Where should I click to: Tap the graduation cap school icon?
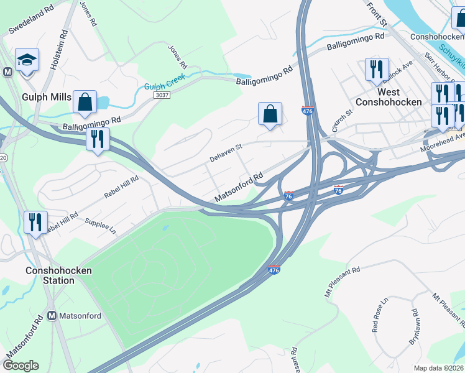point(27,60)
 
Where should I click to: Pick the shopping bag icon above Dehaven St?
point(270,114)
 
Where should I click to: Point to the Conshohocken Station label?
point(59,275)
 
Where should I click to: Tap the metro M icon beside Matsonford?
point(52,316)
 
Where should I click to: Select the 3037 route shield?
point(162,94)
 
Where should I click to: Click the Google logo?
point(21,365)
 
